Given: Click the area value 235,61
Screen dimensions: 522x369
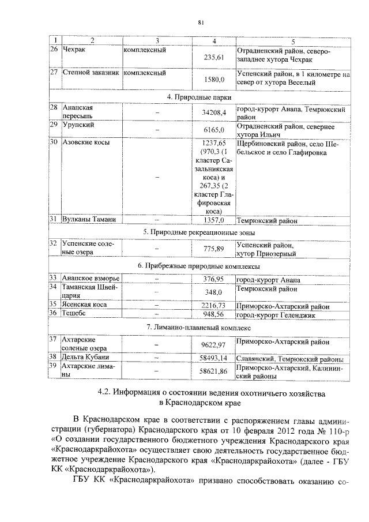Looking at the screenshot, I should point(214,58).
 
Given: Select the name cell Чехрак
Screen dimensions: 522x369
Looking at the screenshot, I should point(73,50).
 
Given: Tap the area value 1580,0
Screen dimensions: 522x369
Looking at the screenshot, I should point(214,80).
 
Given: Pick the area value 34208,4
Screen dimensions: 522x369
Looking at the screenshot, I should point(214,112).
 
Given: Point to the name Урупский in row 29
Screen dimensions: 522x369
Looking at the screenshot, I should point(78,125).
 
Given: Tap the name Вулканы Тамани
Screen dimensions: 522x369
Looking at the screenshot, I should point(89,219).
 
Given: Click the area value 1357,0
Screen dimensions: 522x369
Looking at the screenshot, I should point(214,220).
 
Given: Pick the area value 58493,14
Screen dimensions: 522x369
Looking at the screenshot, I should point(214,358).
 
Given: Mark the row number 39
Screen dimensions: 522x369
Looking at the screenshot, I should point(53,366).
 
